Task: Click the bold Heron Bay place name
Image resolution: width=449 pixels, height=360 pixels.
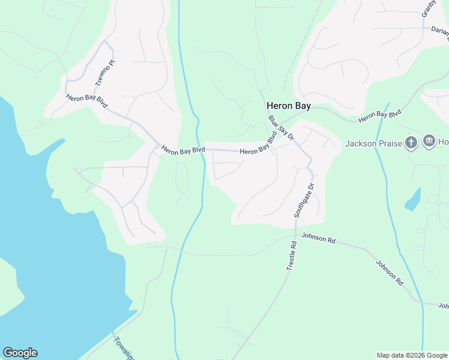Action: click(289, 106)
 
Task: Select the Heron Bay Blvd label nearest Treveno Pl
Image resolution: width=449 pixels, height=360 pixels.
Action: click(87, 101)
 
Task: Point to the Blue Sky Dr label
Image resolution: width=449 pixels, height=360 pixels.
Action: click(281, 127)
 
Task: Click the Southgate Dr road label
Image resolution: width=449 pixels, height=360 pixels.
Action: click(303, 200)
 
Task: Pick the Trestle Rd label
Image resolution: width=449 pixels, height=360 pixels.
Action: click(292, 255)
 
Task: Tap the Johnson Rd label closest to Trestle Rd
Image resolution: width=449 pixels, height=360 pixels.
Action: click(318, 238)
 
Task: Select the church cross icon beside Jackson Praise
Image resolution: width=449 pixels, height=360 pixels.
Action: click(411, 142)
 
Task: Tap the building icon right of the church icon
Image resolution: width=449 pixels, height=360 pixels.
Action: click(429, 142)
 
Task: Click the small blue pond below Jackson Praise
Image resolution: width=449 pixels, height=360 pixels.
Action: click(413, 199)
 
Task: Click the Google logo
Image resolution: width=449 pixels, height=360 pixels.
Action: click(20, 353)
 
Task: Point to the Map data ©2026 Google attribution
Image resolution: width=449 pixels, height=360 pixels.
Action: click(411, 355)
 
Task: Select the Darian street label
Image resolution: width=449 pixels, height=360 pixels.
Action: click(440, 29)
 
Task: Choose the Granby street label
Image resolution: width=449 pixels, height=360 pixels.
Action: click(428, 8)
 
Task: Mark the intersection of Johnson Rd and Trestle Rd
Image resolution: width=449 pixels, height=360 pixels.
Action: click(296, 235)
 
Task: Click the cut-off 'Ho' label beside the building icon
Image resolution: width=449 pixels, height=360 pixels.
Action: click(444, 142)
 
